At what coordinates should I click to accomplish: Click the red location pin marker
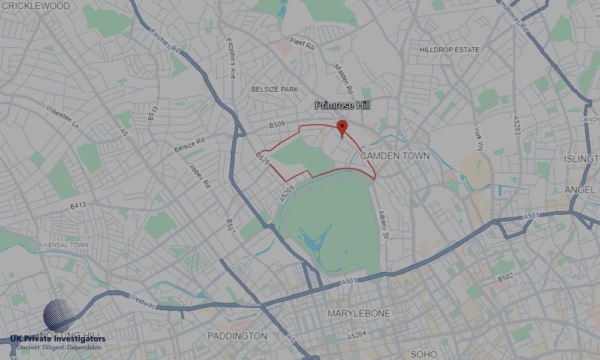tap(342, 127)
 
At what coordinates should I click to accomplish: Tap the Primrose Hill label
tap(343, 106)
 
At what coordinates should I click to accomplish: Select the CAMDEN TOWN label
tap(395, 155)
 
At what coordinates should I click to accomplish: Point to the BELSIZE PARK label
tap(274, 89)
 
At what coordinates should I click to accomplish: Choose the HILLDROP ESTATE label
tap(449, 50)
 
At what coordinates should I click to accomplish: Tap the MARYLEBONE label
tap(358, 313)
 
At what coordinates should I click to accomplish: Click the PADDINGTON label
tap(237, 335)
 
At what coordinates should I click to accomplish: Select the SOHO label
tap(424, 354)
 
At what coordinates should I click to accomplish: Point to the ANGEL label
tap(580, 190)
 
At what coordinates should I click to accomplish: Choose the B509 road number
tap(277, 125)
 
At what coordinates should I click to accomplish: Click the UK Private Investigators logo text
tap(58, 340)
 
